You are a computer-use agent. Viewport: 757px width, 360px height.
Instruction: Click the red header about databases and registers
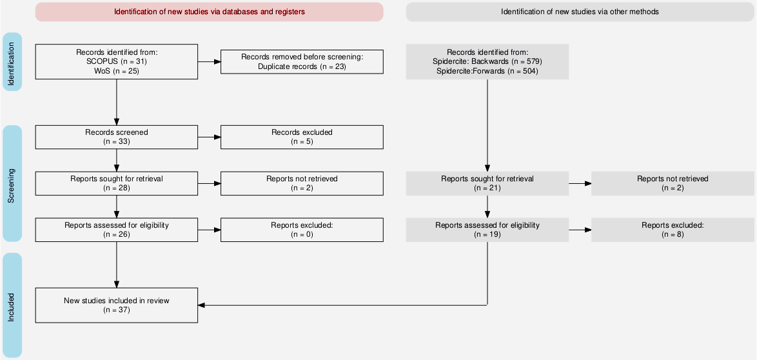(x=209, y=12)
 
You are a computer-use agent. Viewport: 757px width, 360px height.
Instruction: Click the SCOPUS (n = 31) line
(x=116, y=61)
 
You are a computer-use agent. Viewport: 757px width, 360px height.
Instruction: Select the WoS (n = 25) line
(x=116, y=70)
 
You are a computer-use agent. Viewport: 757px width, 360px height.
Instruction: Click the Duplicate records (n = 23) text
(x=302, y=66)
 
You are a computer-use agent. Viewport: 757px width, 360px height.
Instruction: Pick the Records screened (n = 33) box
(x=116, y=137)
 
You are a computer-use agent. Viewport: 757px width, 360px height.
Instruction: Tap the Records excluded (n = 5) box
(x=302, y=137)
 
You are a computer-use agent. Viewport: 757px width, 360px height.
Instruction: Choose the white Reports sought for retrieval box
(x=116, y=184)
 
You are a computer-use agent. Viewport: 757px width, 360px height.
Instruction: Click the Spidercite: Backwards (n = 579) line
(x=487, y=61)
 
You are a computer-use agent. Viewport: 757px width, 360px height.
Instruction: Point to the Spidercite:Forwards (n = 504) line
(x=487, y=70)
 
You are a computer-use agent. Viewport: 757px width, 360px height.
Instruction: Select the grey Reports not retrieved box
(x=673, y=184)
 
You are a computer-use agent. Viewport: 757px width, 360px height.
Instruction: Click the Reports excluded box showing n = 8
(x=673, y=230)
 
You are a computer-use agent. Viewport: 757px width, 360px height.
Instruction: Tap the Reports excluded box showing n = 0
(x=302, y=230)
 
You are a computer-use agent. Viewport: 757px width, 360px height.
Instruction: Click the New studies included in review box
(x=116, y=305)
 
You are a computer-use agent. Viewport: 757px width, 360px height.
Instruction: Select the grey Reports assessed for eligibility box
(x=487, y=230)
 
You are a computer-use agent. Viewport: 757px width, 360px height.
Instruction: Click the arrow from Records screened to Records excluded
(x=209, y=137)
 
